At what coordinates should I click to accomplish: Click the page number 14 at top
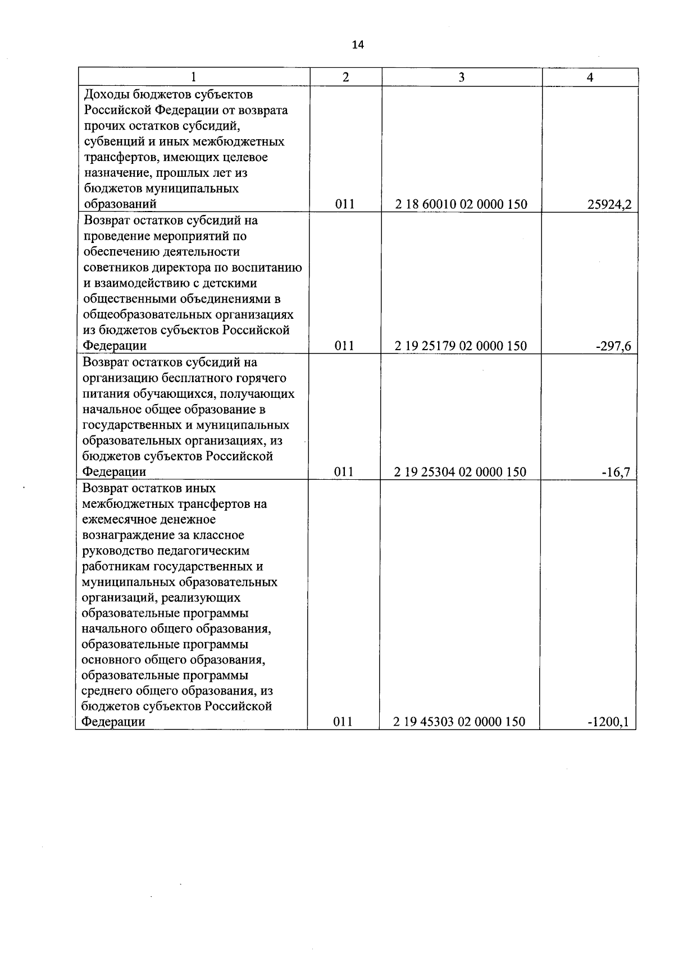click(x=358, y=45)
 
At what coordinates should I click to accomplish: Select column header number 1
click(x=194, y=77)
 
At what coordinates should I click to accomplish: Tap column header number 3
click(x=461, y=77)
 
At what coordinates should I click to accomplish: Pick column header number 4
click(x=590, y=77)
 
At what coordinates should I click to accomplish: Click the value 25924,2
click(x=609, y=205)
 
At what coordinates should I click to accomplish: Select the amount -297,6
click(x=613, y=346)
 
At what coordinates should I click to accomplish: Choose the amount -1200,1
click(x=608, y=722)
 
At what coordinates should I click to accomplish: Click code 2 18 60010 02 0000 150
click(x=461, y=204)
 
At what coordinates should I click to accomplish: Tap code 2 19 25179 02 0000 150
click(x=461, y=346)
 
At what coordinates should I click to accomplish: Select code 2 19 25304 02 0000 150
click(x=461, y=472)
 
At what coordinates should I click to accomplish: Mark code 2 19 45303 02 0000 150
click(x=460, y=722)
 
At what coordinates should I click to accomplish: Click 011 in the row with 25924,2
click(x=345, y=204)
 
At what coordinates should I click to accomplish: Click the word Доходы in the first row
click(x=106, y=94)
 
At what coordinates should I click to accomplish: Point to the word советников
click(x=115, y=267)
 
